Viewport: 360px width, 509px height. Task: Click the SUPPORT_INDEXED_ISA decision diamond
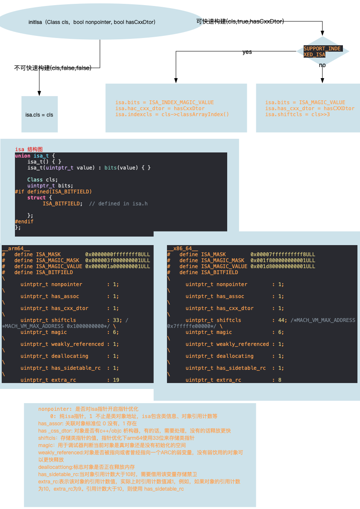(322, 52)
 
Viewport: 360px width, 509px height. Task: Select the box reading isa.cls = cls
(39, 115)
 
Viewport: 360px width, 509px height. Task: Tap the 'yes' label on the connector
(247, 52)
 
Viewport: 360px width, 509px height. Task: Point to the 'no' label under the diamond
(322, 65)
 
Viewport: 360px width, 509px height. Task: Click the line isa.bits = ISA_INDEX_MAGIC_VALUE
(164, 102)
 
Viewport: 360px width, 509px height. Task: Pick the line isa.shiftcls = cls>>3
(297, 114)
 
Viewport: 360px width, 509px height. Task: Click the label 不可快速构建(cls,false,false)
(53, 68)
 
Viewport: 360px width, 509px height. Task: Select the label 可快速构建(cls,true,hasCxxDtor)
(240, 21)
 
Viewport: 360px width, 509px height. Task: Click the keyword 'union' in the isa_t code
(23, 156)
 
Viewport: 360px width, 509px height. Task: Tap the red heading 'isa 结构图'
(29, 149)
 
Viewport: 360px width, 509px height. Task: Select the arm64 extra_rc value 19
(117, 380)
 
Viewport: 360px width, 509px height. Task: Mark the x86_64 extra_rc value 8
(280, 380)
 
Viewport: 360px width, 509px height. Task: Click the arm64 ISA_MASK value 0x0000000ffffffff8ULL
(117, 254)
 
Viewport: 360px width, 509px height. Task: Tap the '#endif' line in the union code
(24, 222)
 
